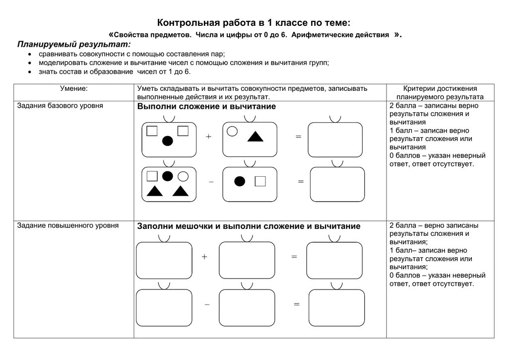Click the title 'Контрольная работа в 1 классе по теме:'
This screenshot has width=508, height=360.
(254, 22)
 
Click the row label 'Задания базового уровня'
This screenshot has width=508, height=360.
(60, 106)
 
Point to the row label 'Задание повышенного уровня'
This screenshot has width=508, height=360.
(68, 225)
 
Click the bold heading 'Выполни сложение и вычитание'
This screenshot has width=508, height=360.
(206, 106)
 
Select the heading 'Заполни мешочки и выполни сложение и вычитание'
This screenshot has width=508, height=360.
(249, 226)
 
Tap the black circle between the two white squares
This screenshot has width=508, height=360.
(168, 141)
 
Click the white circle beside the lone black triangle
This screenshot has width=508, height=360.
(232, 131)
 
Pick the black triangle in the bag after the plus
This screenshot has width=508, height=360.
(255, 137)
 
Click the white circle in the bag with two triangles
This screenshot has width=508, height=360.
(183, 176)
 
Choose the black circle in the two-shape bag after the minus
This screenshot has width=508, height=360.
(240, 181)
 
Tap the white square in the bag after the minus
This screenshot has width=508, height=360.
(260, 181)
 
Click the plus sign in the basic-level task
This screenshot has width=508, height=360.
(208, 137)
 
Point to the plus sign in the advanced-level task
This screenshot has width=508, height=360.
(204, 257)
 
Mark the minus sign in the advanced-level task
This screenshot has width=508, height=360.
(207, 304)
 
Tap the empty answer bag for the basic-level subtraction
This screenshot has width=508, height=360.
(337, 184)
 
